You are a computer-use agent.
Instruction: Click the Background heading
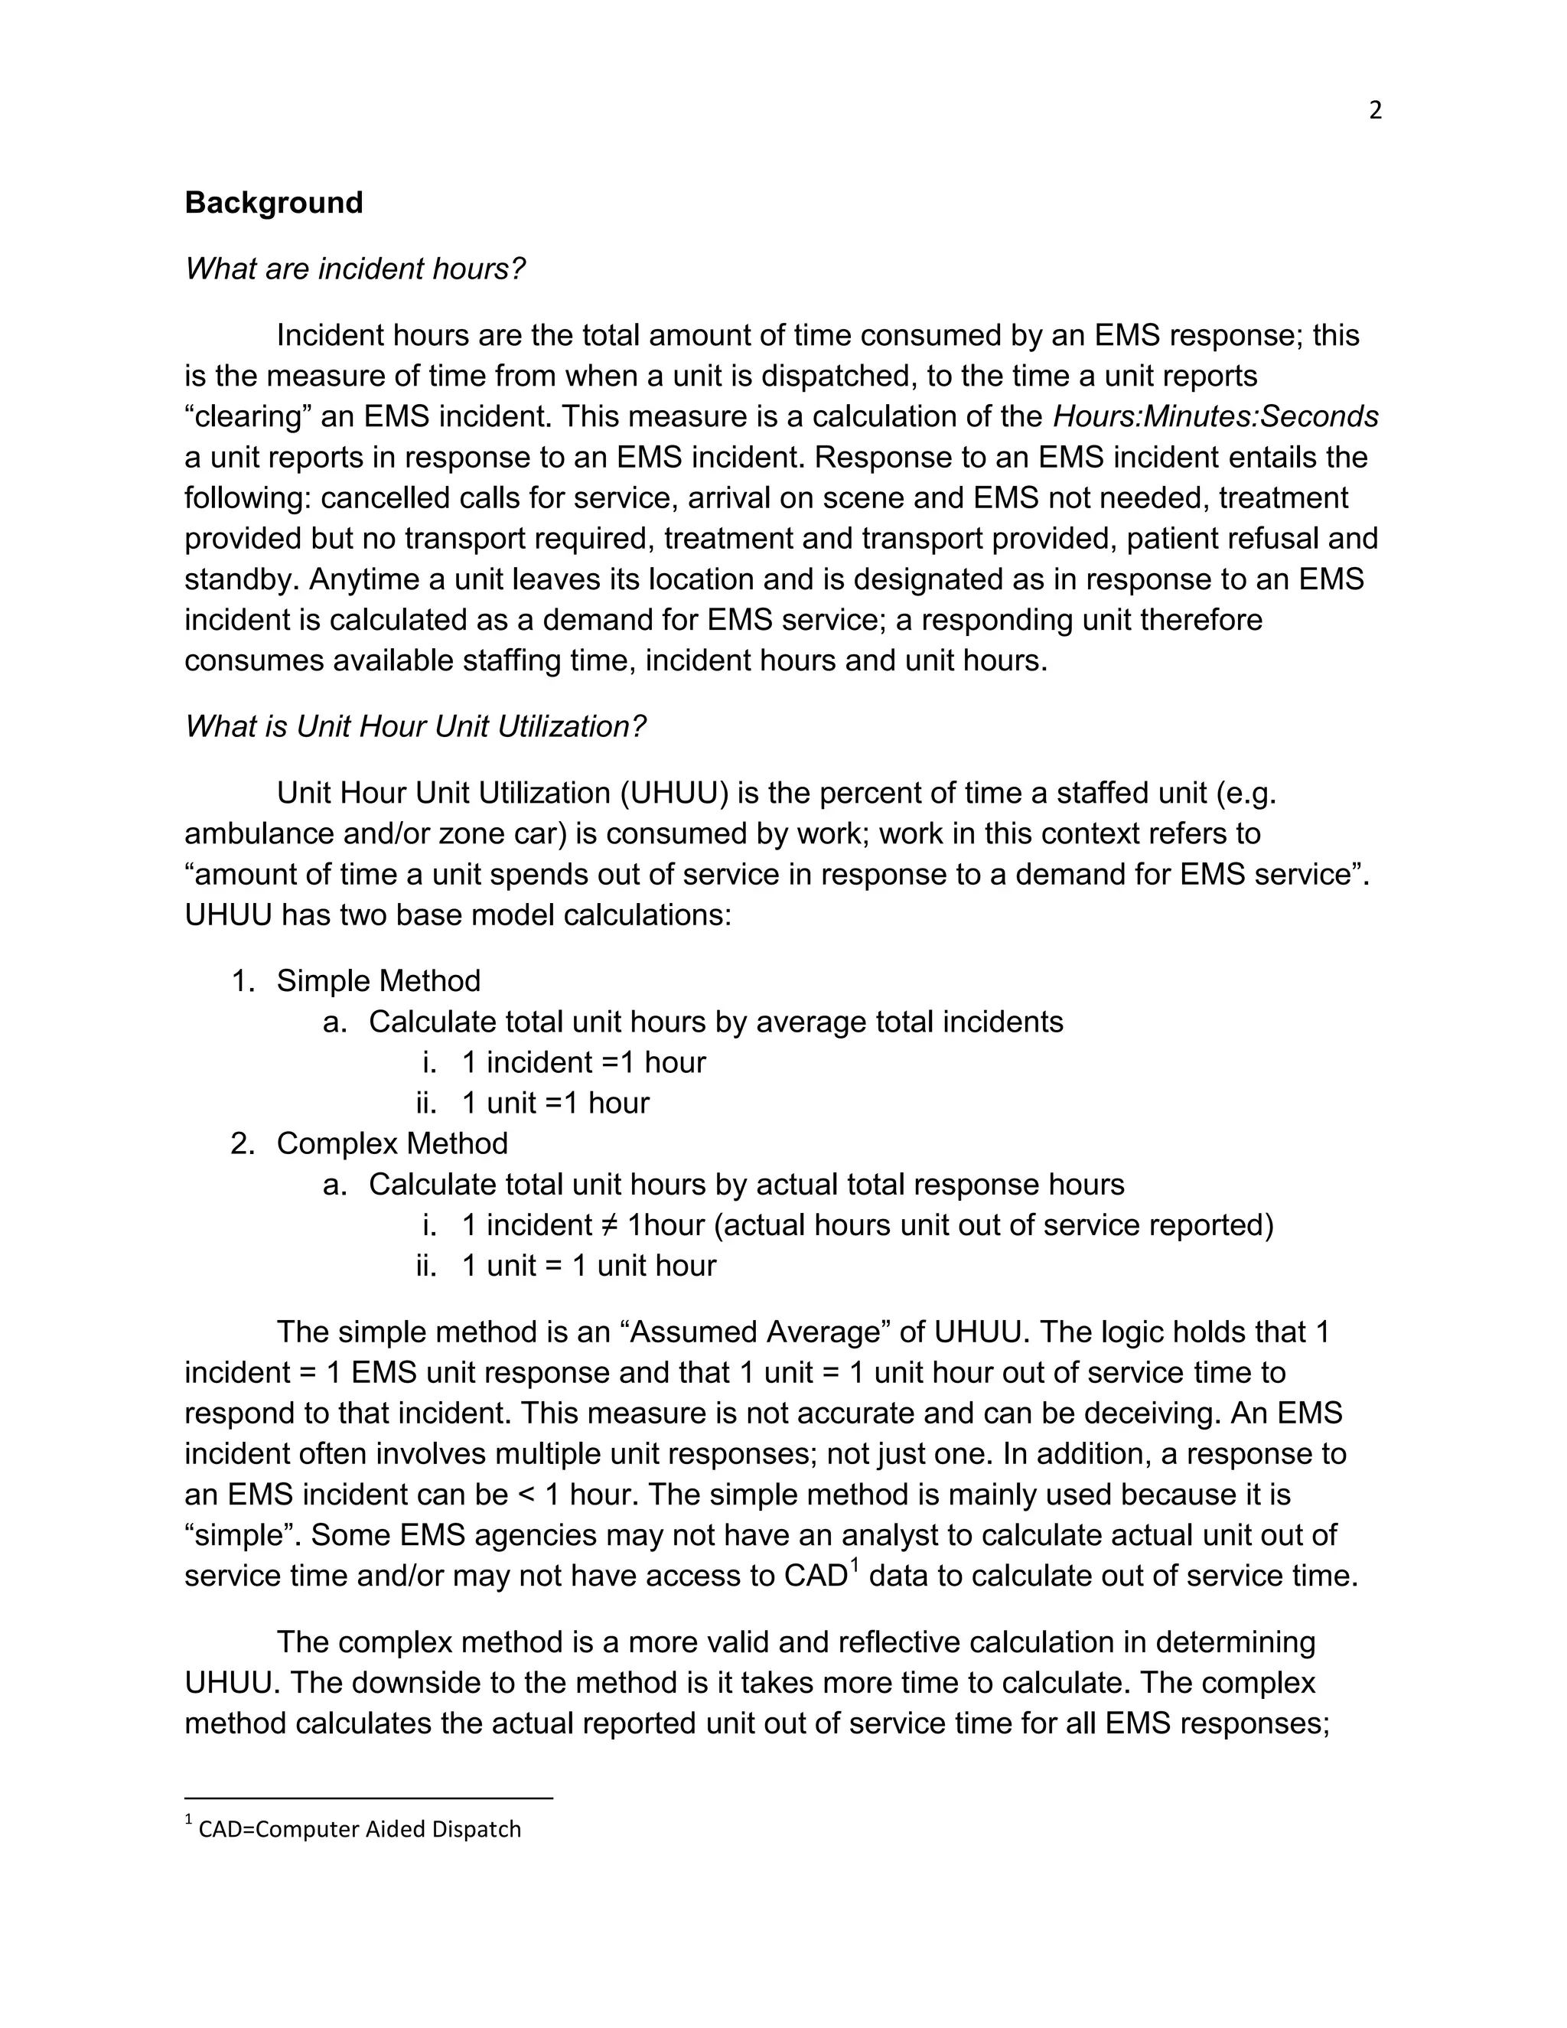pos(274,203)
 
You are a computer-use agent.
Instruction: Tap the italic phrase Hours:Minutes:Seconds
pos(1215,417)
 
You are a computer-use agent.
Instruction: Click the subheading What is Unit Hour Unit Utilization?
pos(415,726)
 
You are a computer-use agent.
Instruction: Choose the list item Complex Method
pos(392,1143)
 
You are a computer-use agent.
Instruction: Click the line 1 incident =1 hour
pos(583,1062)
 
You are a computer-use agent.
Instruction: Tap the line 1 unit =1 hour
pos(555,1103)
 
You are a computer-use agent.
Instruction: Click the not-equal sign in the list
pos(608,1226)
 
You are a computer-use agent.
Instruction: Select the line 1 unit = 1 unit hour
pos(588,1266)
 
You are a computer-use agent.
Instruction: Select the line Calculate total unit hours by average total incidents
pos(715,1022)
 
